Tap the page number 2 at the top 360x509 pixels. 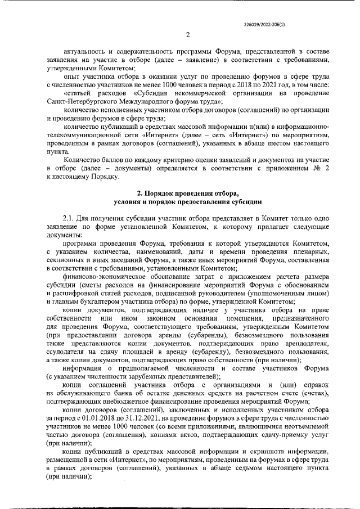(187, 35)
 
